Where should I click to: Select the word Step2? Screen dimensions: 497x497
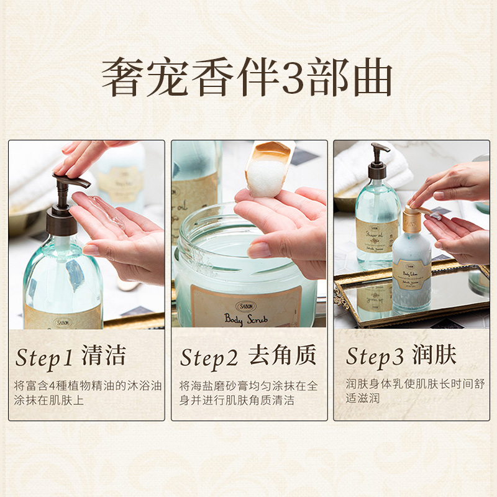209,358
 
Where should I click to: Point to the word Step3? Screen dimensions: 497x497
374,357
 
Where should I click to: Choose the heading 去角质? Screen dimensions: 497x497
282,357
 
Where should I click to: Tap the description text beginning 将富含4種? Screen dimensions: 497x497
87,393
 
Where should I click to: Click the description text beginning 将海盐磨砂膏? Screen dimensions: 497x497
248,393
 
